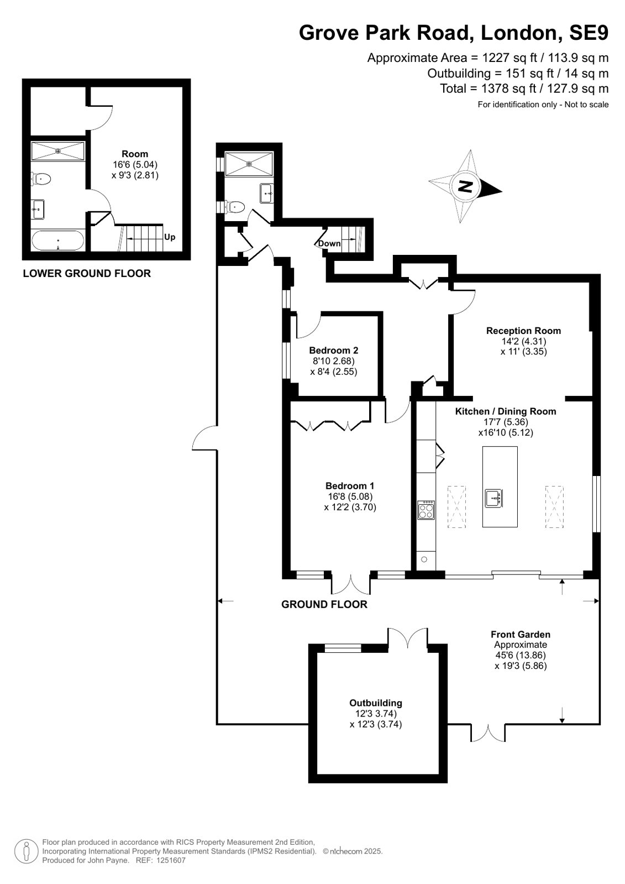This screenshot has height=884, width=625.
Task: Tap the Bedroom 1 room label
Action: tap(350, 486)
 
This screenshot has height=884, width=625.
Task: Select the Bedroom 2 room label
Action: tap(333, 350)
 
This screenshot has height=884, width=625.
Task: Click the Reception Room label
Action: tap(523, 331)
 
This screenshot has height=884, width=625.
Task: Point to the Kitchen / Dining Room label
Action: tap(506, 411)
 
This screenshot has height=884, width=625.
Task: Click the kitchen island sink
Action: tap(493, 499)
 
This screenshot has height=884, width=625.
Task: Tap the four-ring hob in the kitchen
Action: tap(427, 510)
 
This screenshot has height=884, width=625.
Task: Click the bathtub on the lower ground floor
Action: tap(57, 240)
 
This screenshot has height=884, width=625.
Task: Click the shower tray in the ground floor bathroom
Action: tap(249, 164)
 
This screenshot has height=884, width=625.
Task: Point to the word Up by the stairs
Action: tap(170, 237)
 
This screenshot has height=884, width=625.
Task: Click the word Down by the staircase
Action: tap(329, 243)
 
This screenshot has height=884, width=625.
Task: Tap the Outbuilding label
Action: tap(376, 703)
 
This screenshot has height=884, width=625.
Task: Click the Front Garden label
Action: tap(521, 634)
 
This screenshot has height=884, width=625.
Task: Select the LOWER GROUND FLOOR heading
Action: tap(87, 274)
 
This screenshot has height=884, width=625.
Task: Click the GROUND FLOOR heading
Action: tap(324, 604)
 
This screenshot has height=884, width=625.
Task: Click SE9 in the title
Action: tap(589, 33)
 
